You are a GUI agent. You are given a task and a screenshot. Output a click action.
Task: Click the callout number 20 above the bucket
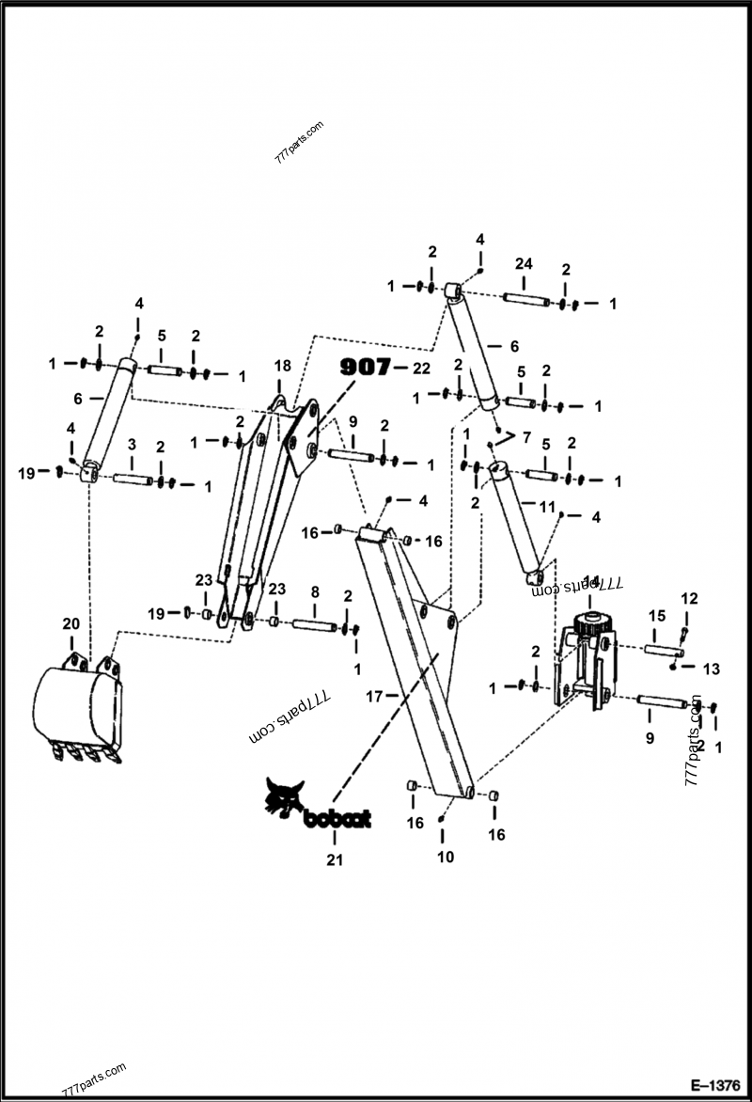click(70, 624)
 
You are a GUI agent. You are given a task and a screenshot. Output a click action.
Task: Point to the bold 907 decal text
click(365, 368)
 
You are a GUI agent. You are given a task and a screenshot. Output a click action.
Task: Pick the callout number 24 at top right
click(524, 264)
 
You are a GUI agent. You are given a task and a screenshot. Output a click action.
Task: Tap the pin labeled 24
click(528, 300)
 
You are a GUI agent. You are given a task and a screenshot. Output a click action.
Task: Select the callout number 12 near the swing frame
click(689, 598)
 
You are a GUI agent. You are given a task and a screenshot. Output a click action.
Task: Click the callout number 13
click(712, 669)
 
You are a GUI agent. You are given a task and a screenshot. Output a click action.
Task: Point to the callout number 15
click(657, 615)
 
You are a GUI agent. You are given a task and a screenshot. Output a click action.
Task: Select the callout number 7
click(525, 438)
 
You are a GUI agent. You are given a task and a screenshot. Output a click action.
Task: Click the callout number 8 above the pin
click(315, 592)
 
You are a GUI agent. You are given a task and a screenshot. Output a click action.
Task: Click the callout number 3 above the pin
click(132, 443)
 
